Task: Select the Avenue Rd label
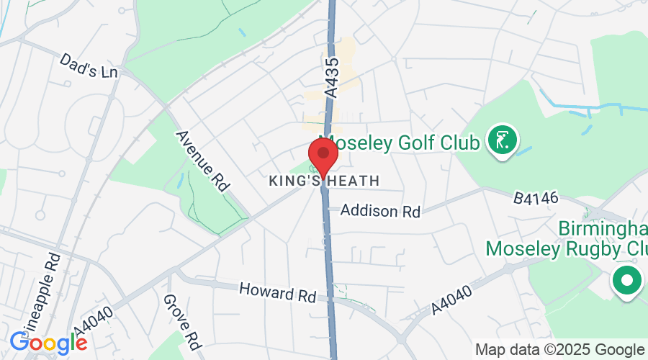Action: coord(202,161)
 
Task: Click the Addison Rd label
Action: coord(380,211)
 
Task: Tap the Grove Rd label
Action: coord(179,320)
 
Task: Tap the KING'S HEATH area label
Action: coord(323,181)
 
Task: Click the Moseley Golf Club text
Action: coord(400,143)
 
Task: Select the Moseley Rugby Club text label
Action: coord(567,248)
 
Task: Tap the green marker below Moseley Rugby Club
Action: coord(626,280)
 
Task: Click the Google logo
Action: coord(48,343)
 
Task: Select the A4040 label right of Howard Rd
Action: coord(452,300)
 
